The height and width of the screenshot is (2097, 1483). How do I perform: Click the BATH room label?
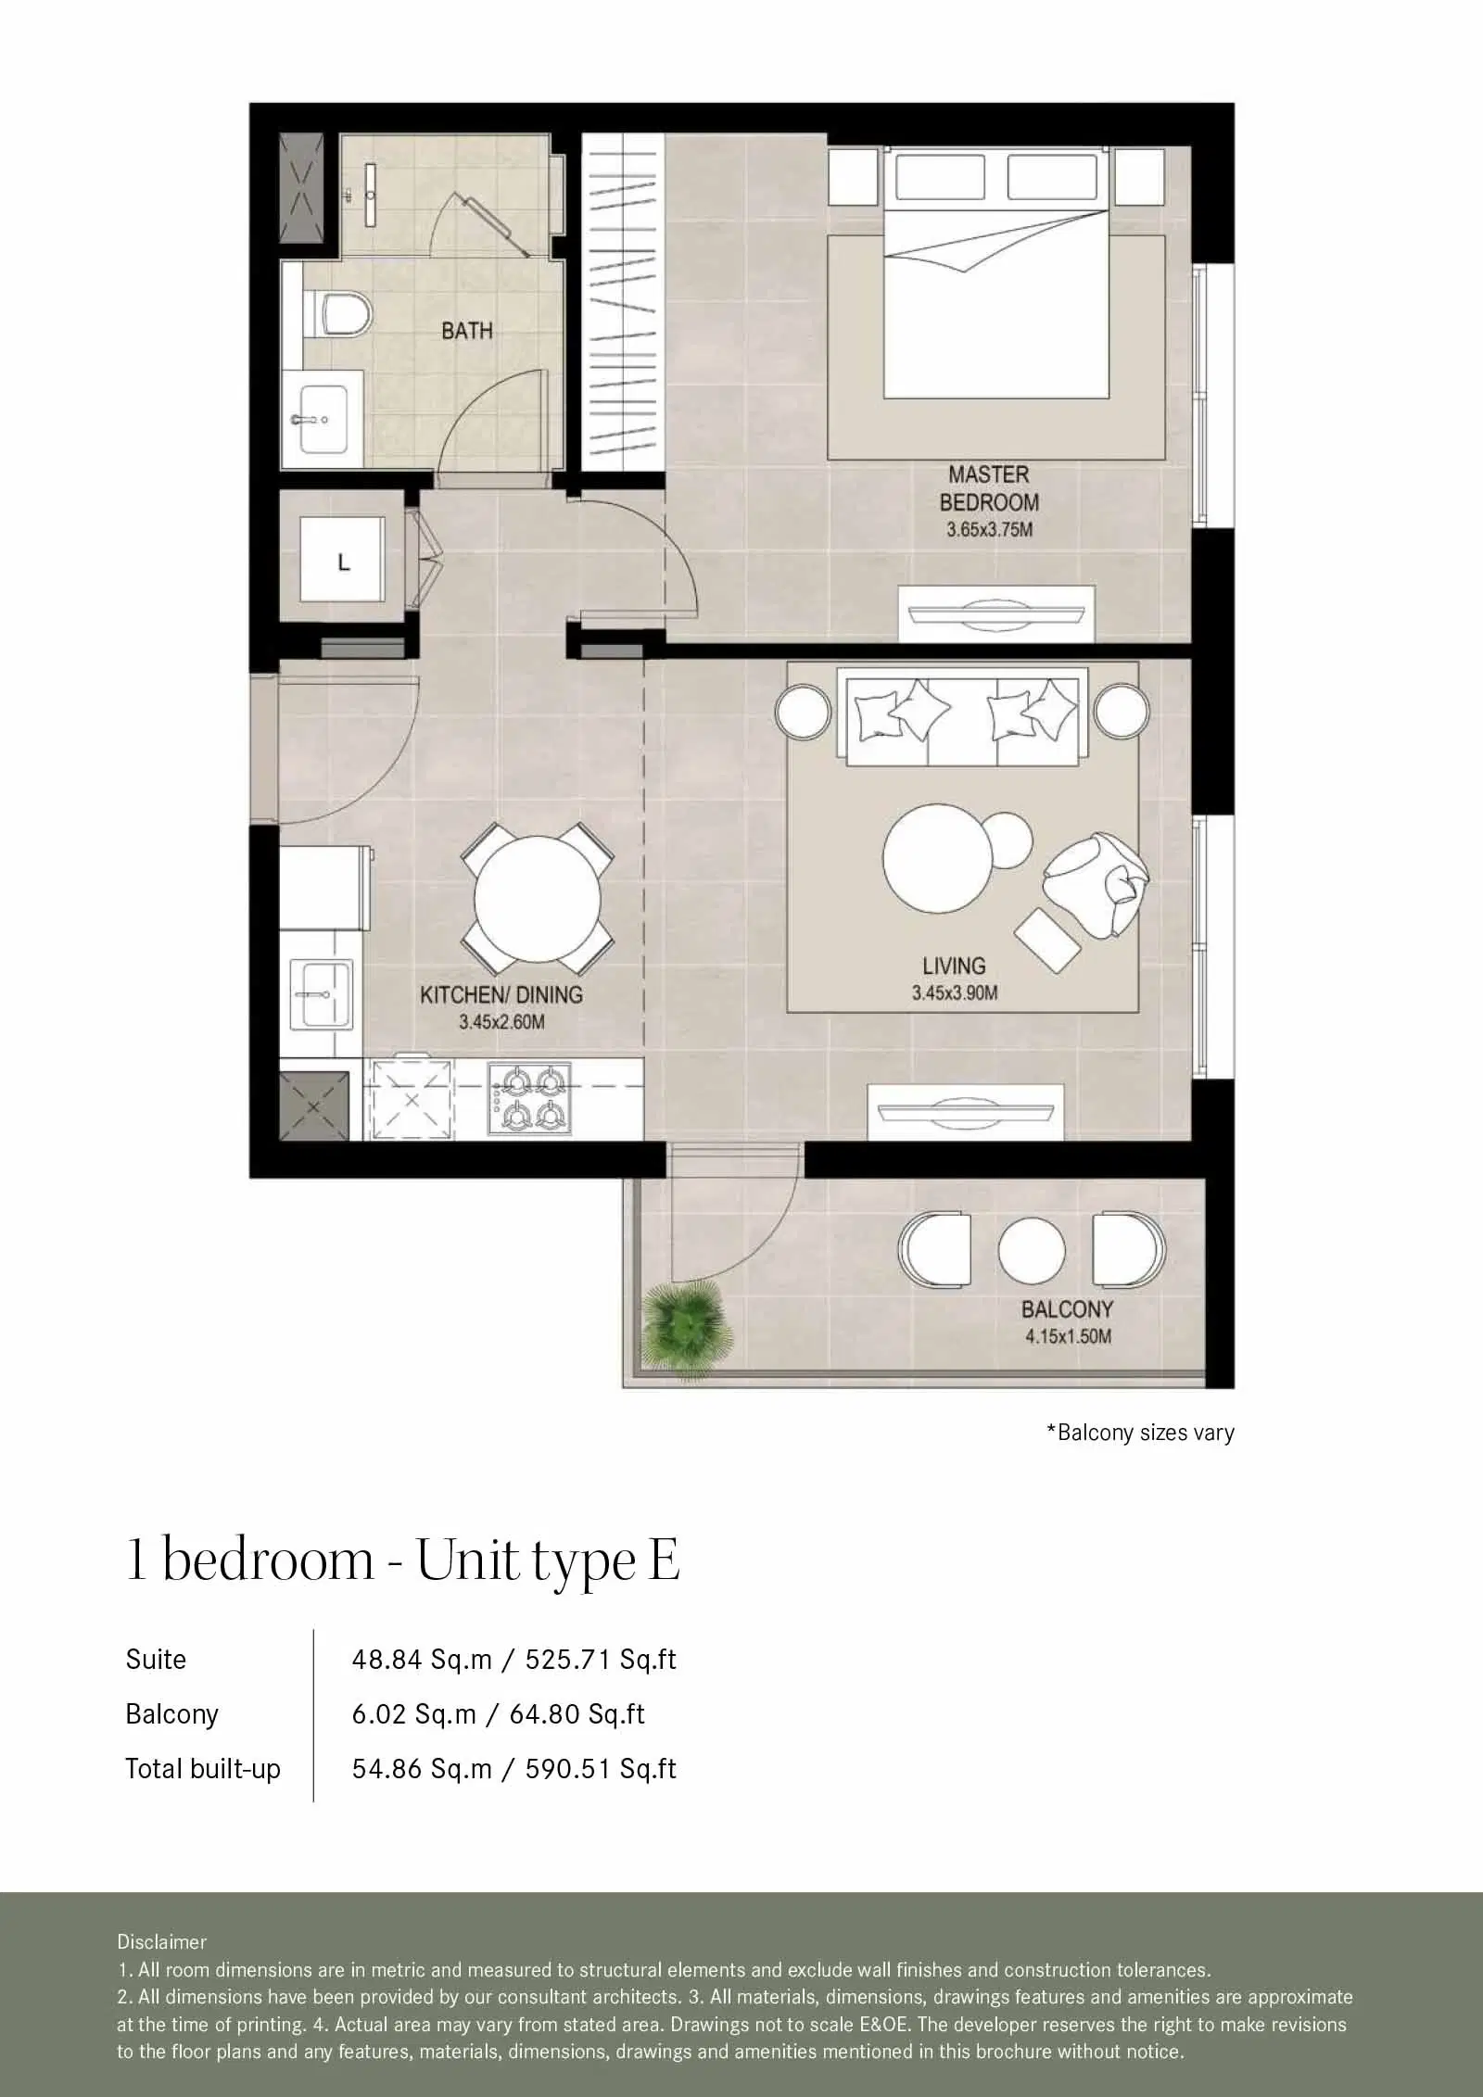coord(466,331)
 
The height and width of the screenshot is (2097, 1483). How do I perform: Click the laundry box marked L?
coord(344,562)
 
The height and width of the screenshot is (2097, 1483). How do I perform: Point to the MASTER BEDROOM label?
coord(989,488)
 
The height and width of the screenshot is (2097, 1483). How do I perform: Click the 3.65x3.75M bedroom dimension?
coord(989,531)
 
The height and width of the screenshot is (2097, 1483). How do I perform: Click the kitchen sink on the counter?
coord(321,993)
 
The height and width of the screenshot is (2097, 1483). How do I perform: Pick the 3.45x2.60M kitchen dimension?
coord(501,1023)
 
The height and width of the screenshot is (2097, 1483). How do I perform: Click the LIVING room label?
coord(954,966)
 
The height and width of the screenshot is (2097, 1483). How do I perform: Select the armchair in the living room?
coord(1096,884)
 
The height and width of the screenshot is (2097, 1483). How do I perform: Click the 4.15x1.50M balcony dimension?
coord(1068,1336)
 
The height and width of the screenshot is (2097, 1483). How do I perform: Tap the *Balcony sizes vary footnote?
coord(1140,1433)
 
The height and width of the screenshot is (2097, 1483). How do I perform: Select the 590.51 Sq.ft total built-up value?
coord(601,1769)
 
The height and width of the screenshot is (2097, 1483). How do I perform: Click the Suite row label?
coord(156,1660)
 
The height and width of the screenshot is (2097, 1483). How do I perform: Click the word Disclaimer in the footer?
coord(161,1941)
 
